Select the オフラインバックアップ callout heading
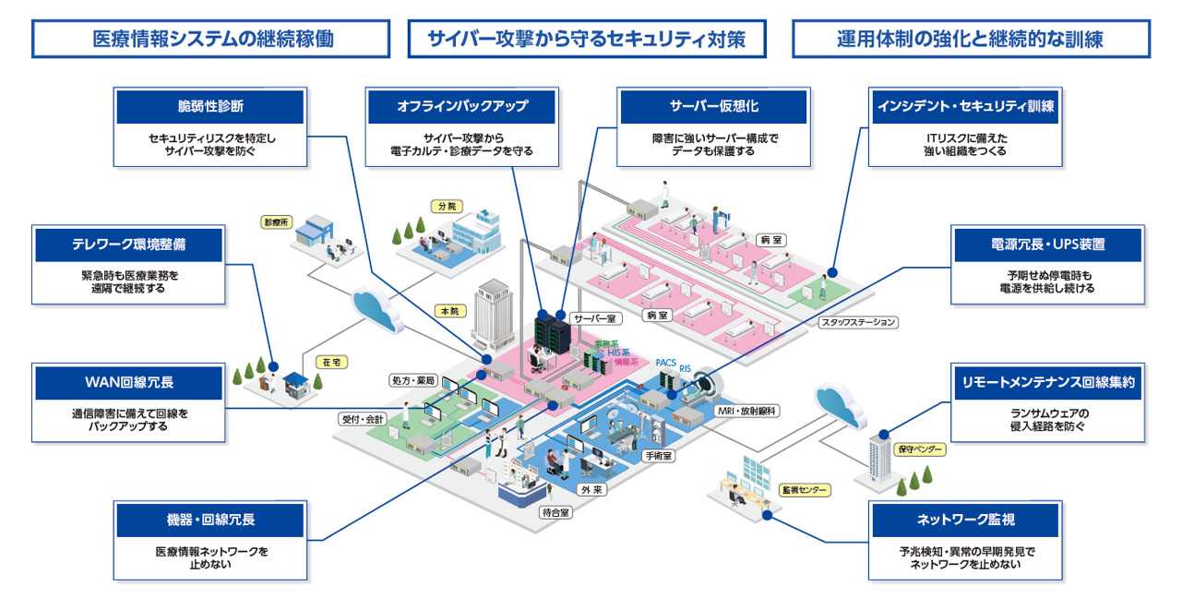(461, 106)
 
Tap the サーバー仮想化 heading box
(713, 106)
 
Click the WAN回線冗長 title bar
(128, 382)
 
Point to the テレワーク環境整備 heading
(128, 245)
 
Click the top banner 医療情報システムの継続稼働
(211, 39)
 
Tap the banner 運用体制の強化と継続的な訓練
(971, 39)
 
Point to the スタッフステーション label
(859, 323)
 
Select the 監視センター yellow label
(804, 490)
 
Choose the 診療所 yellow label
(276, 222)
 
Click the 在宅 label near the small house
(331, 363)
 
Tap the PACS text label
(666, 363)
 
